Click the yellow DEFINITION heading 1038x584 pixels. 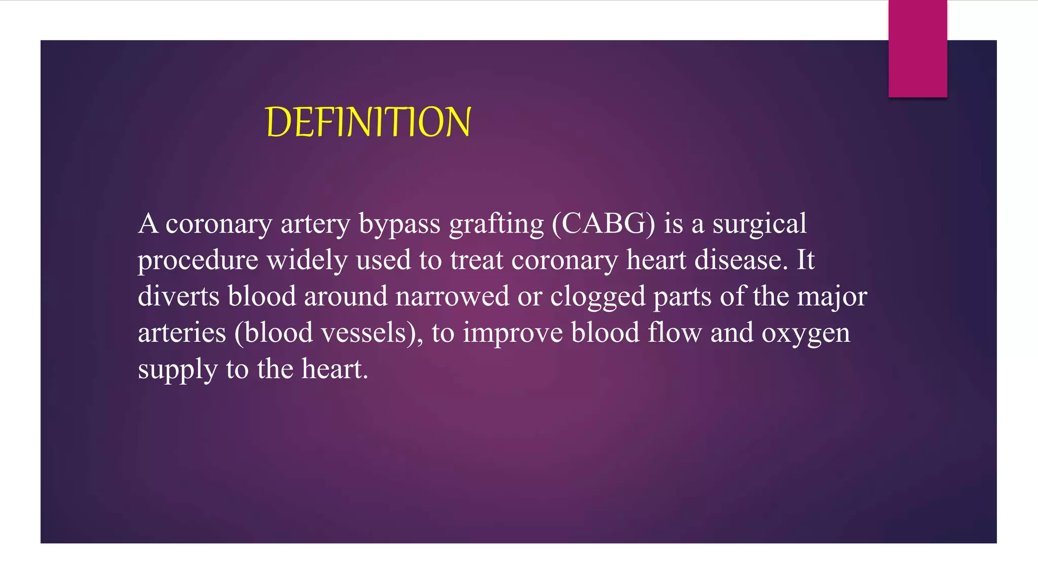pos(368,122)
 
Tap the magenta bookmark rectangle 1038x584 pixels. pos(917,49)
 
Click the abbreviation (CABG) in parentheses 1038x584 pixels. pos(603,224)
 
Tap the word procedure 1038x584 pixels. pos(198,261)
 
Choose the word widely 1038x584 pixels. pos(307,261)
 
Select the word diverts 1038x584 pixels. pos(178,296)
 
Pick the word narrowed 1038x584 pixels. pos(452,296)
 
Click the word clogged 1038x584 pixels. pos(598,297)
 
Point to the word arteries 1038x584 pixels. pos(182,333)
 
